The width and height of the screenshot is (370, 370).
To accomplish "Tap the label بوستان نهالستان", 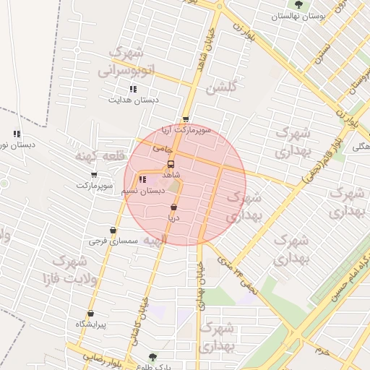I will (300, 15).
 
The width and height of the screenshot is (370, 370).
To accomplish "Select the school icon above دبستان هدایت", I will (133, 89).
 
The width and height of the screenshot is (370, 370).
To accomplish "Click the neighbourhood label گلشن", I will (221, 88).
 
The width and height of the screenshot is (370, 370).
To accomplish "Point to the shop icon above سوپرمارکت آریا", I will (186, 120).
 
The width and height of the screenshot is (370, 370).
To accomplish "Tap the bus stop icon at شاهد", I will (171, 164).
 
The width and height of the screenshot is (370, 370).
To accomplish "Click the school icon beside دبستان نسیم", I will (142, 179).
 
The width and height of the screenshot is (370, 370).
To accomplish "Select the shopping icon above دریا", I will (174, 207).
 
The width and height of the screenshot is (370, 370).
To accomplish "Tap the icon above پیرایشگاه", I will (91, 314).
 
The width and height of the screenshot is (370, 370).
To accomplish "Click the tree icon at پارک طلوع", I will (152, 356).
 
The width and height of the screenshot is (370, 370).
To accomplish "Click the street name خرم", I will (322, 350).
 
